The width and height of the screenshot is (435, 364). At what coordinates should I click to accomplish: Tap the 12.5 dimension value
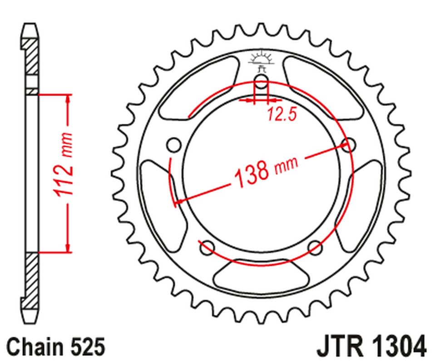pyautogui.click(x=282, y=115)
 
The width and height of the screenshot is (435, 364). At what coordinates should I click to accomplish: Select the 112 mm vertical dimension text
pyautogui.click(x=64, y=165)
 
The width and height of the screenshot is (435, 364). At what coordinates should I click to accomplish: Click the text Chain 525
pyautogui.click(x=56, y=347)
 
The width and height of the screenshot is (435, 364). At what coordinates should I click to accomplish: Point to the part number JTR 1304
pyautogui.click(x=370, y=347)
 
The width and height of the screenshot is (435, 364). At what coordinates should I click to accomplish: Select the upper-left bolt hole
pyautogui.click(x=173, y=145)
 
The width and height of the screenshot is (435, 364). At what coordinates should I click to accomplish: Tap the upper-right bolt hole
pyautogui.click(x=349, y=145)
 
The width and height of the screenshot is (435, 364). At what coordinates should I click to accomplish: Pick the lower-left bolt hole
pyautogui.click(x=207, y=248)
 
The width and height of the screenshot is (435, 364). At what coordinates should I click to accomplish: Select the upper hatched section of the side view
pyautogui.click(x=31, y=57)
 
